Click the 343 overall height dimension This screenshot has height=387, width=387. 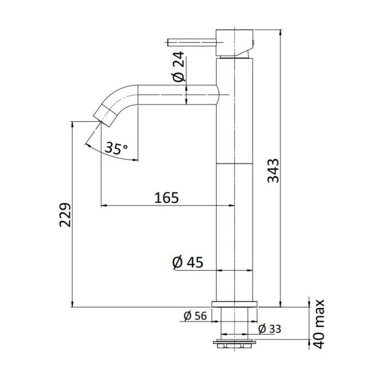pyautogui.click(x=274, y=170)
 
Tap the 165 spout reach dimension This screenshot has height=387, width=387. pyautogui.click(x=167, y=197)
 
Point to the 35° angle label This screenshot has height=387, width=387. pyautogui.click(x=117, y=149)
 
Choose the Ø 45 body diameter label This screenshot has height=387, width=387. pyautogui.click(x=188, y=263)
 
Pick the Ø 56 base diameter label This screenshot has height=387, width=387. pyautogui.click(x=195, y=316)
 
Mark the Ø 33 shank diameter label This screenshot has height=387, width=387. pyautogui.click(x=269, y=329)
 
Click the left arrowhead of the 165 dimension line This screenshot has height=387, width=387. pyautogui.click(x=103, y=206)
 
